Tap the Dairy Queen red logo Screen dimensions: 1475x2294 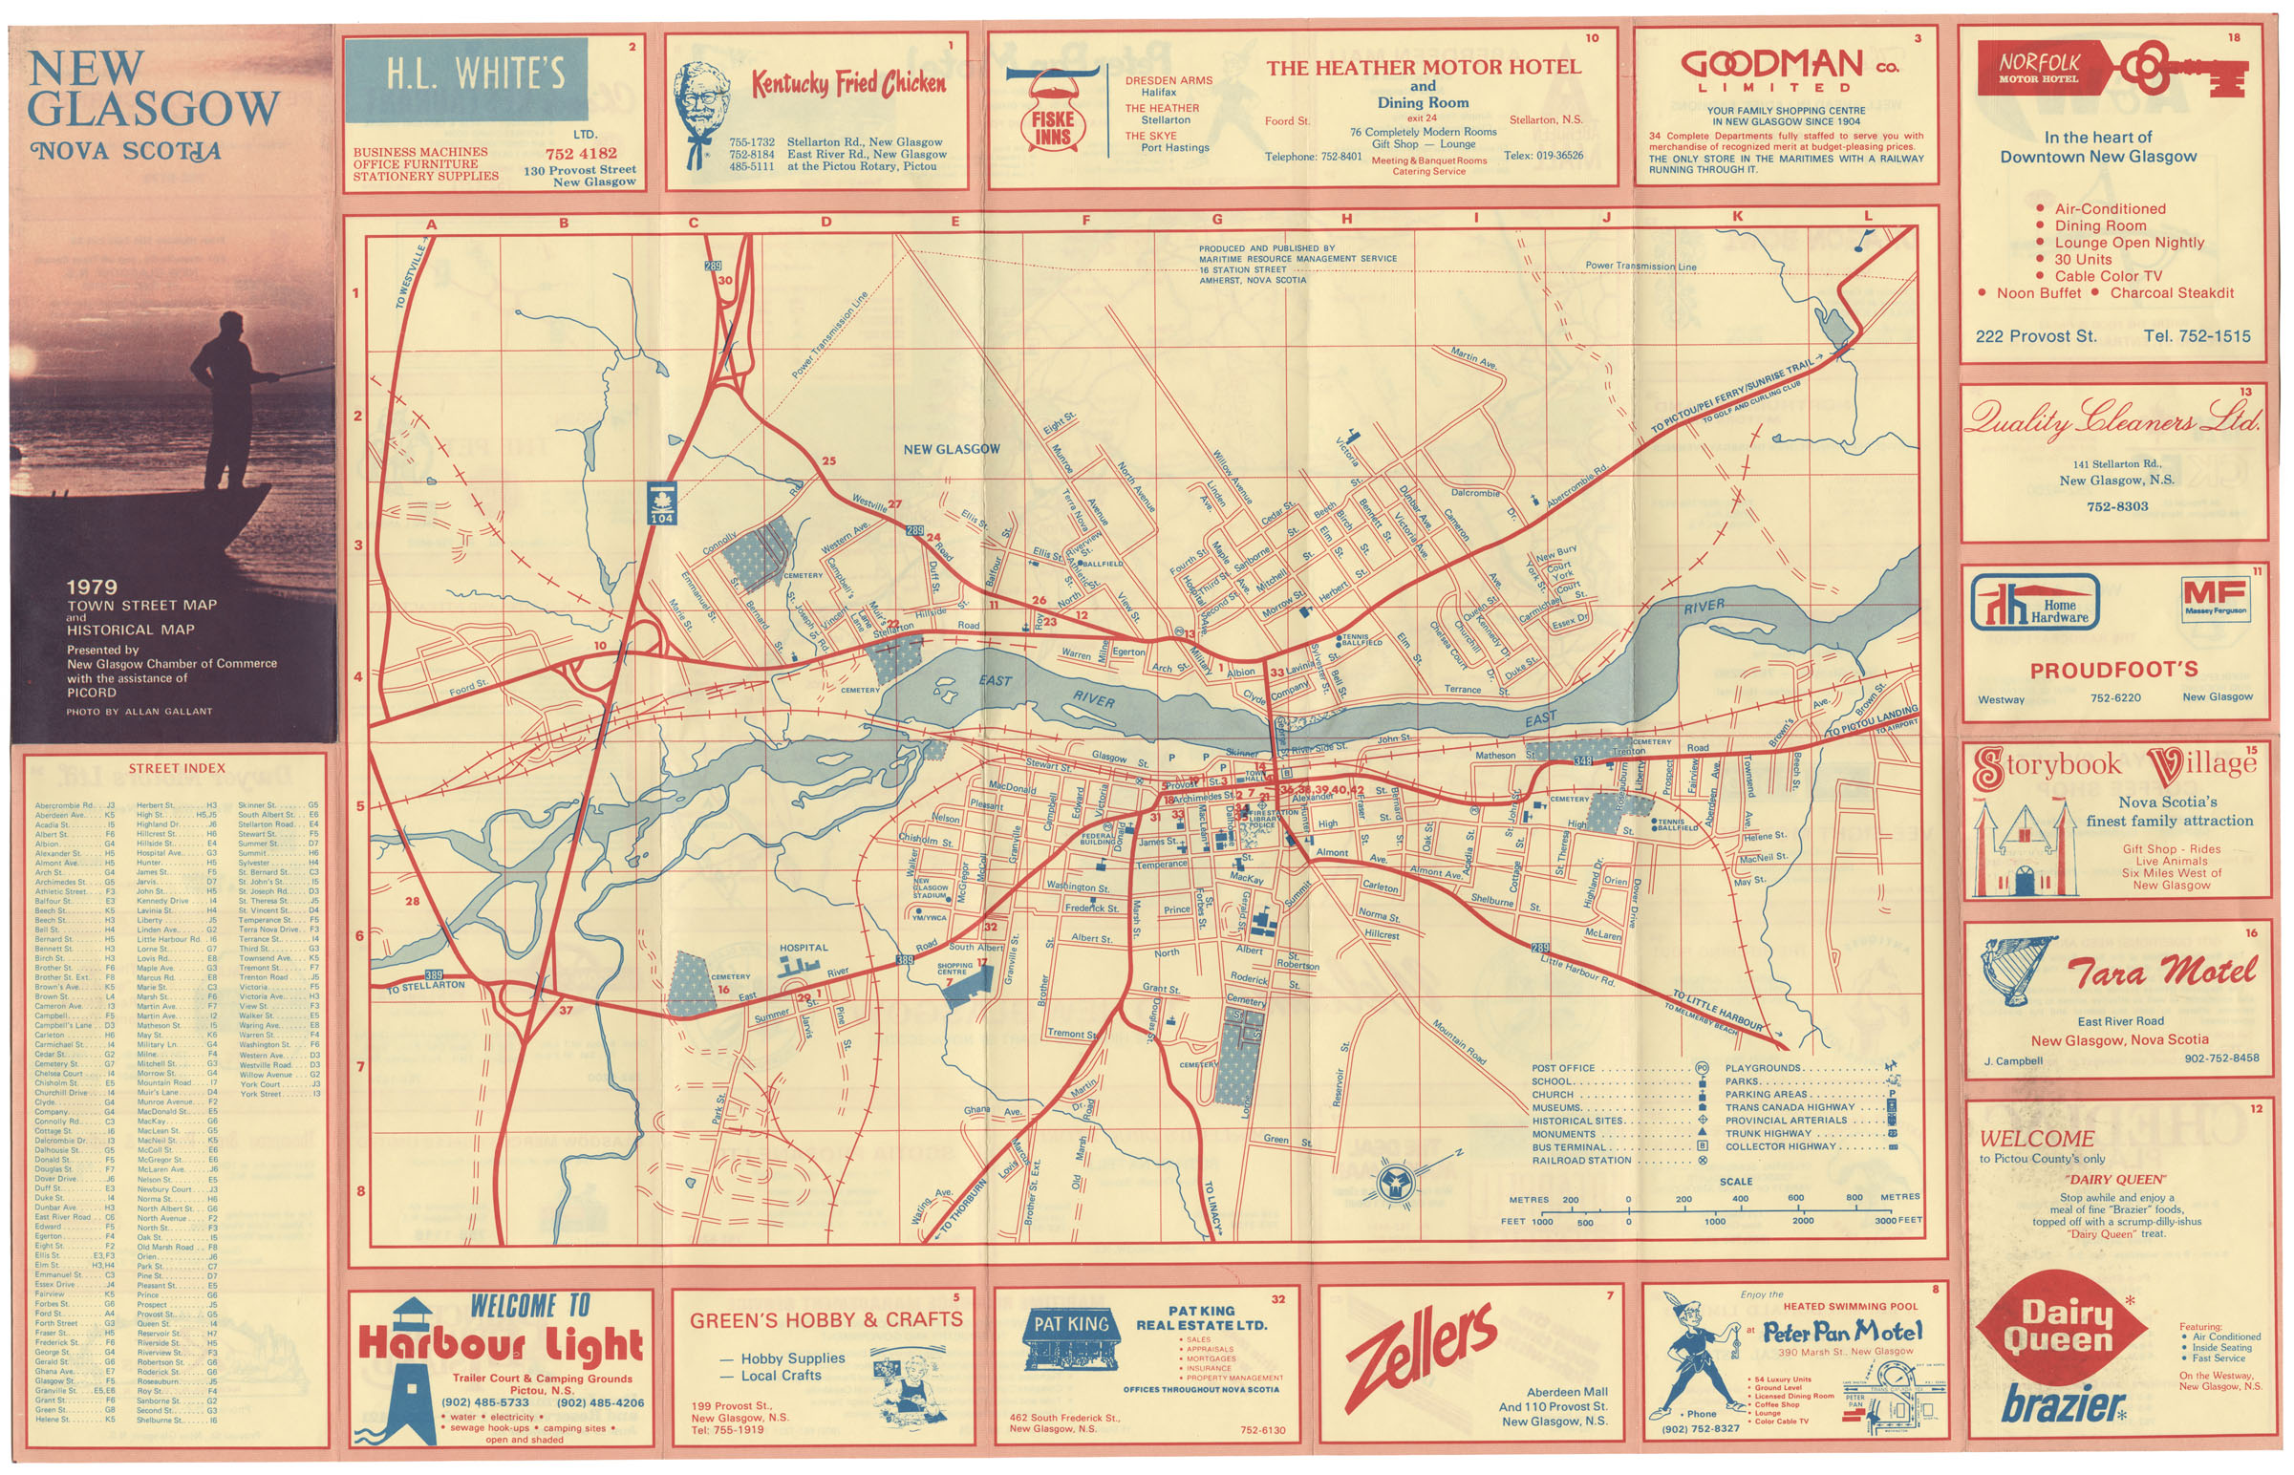(2058, 1327)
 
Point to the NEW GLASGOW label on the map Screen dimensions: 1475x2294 (951, 449)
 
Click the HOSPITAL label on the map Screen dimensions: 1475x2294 (803, 949)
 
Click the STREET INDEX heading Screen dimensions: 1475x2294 (176, 768)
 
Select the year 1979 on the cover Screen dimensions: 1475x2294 (92, 588)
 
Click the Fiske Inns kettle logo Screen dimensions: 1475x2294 (1051, 113)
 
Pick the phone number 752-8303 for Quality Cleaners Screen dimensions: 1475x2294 (2117, 506)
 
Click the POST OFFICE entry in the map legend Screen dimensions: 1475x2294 (1563, 1068)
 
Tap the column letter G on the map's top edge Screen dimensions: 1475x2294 (1216, 220)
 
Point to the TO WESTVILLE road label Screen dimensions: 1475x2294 (410, 277)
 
